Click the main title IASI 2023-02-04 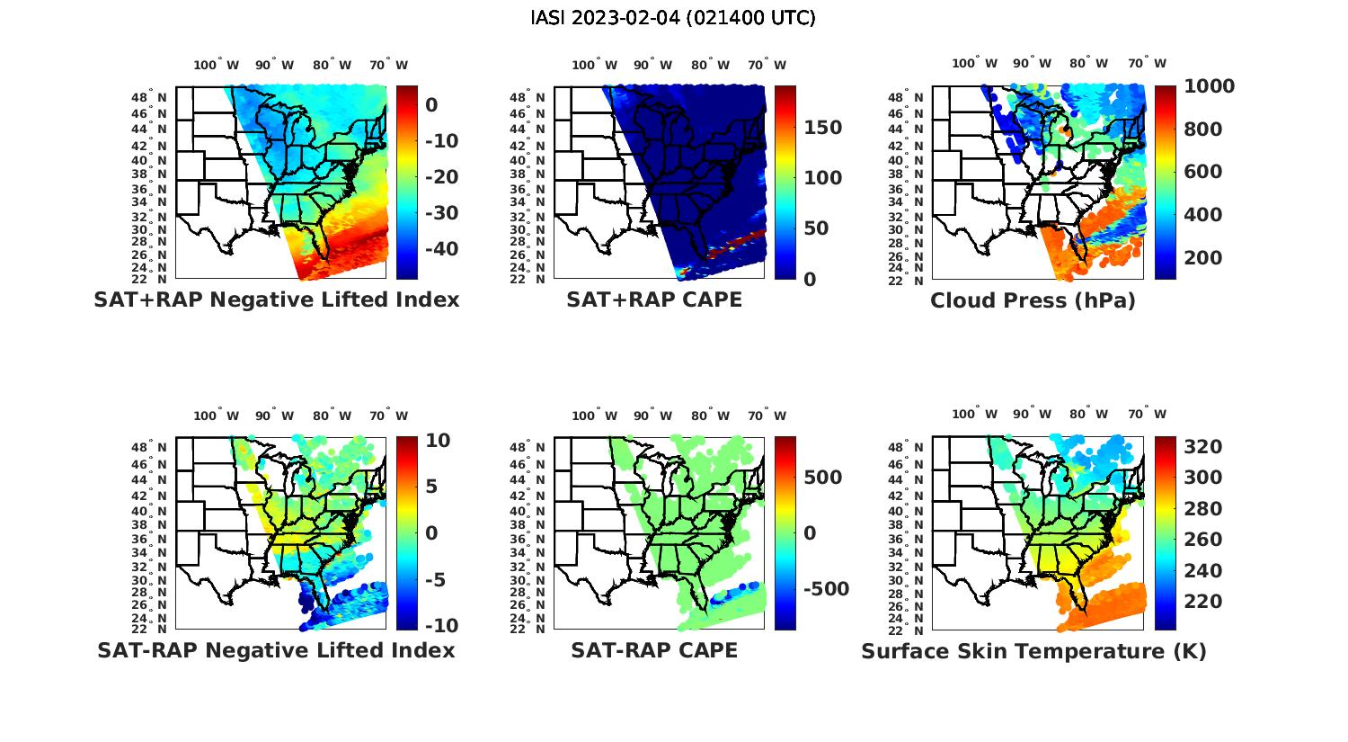tap(673, 18)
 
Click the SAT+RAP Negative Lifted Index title tap(276, 299)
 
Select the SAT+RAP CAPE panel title tap(654, 299)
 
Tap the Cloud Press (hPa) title tap(1033, 300)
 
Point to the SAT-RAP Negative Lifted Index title tap(276, 650)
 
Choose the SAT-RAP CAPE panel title tap(654, 650)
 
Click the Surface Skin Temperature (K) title tap(1033, 651)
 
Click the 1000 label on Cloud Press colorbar tap(1209, 86)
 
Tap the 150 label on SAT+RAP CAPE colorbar tap(822, 128)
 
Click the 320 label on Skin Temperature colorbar tap(1202, 447)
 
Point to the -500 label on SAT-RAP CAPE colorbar tap(825, 589)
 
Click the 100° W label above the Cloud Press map tap(975, 64)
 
